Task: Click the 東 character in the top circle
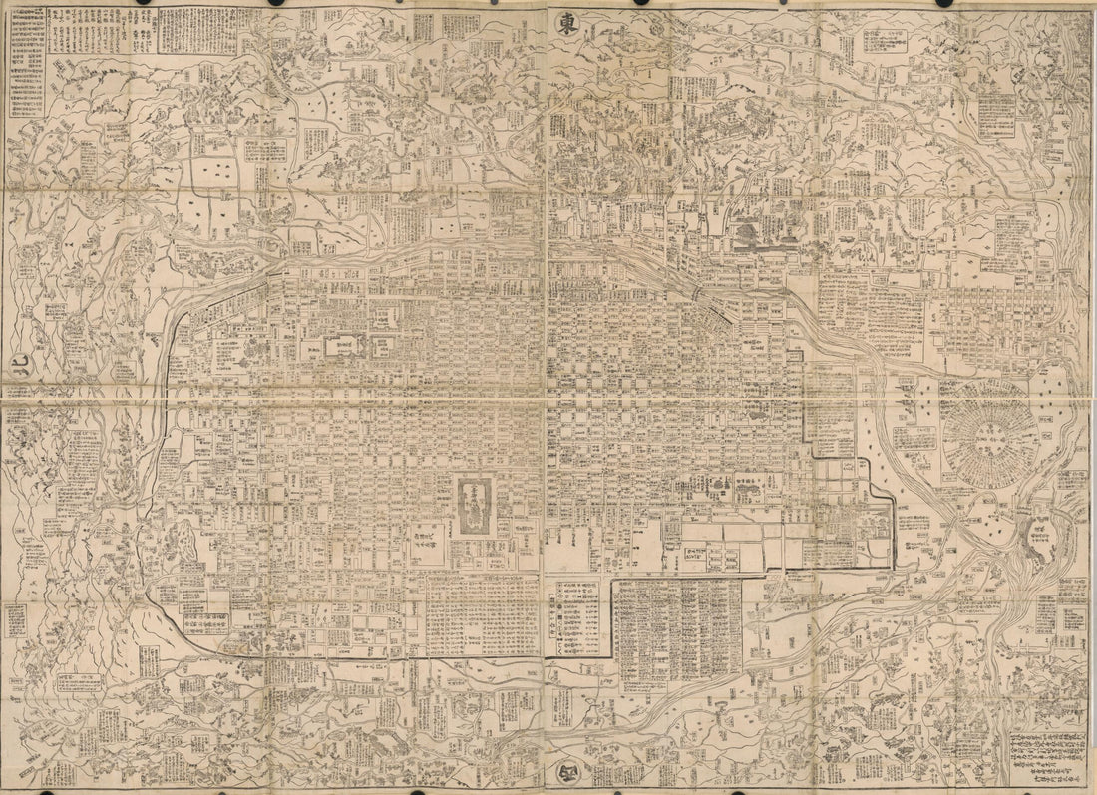click(x=565, y=27)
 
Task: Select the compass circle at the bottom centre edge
click(x=560, y=770)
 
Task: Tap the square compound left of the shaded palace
click(x=430, y=545)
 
